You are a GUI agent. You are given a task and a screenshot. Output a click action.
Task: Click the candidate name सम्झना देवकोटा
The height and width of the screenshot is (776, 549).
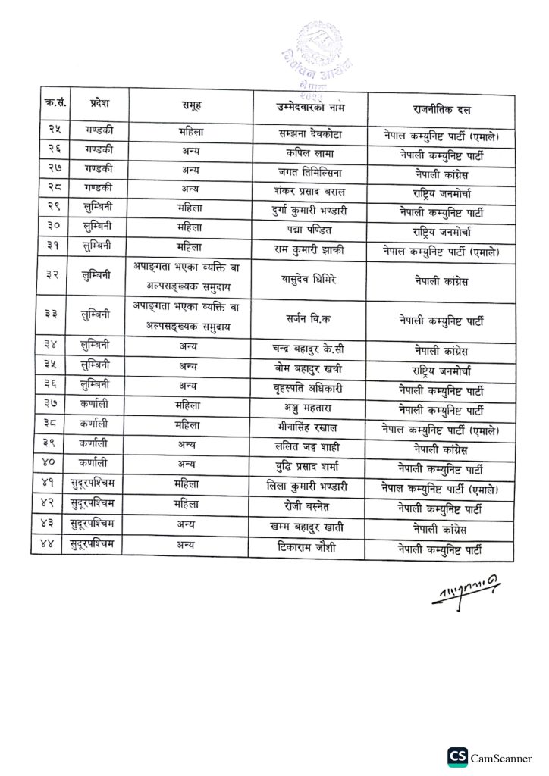pos(310,134)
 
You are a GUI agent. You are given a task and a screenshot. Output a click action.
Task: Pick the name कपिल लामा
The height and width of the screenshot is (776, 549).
pos(309,153)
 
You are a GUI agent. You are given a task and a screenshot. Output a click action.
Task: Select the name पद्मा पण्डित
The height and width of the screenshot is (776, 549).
pos(309,230)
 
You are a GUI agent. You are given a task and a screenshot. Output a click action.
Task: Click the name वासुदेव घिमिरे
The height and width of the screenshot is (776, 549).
pos(309,279)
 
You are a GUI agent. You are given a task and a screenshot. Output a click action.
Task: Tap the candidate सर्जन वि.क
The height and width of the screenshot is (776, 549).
pos(309,319)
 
